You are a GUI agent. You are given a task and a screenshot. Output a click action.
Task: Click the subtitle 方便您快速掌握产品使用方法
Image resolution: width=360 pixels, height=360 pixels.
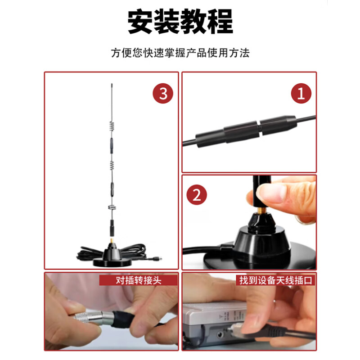(x=180, y=53)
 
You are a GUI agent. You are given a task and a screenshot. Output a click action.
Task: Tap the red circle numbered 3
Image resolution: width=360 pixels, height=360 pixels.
(x=162, y=93)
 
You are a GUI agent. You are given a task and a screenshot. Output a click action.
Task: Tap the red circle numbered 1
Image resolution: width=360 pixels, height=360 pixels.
(x=301, y=93)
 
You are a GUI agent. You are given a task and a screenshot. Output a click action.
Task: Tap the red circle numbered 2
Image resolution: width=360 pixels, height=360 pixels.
(x=196, y=195)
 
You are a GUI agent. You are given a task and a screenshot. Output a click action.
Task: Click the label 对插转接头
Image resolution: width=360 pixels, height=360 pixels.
(x=139, y=280)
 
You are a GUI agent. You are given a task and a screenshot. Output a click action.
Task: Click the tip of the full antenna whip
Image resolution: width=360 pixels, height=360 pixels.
(x=111, y=84)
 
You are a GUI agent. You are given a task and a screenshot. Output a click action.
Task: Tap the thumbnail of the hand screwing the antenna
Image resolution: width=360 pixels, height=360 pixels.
(x=249, y=222)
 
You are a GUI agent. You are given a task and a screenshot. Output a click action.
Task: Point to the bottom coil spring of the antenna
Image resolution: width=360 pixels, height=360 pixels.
(x=111, y=207)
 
